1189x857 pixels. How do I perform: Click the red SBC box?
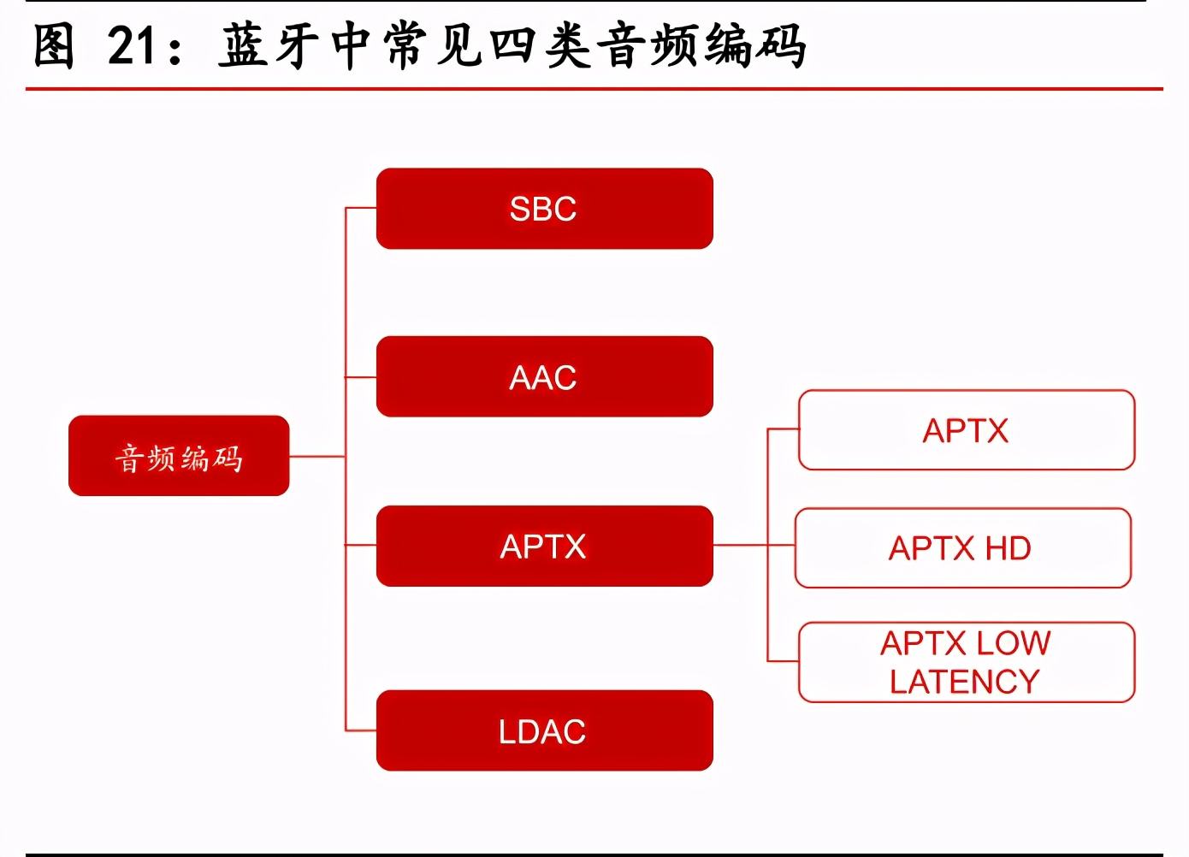[544, 209]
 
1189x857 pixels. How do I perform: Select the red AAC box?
[544, 376]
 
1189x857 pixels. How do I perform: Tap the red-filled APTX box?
[544, 546]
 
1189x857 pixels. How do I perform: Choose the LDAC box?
[544, 730]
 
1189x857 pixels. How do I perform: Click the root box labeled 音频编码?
[179, 456]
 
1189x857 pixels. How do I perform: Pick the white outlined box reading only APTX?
[966, 430]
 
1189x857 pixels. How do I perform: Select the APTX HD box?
[962, 548]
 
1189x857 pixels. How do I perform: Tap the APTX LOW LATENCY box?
[966, 662]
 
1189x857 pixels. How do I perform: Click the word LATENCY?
[964, 682]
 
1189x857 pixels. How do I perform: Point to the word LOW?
[1013, 643]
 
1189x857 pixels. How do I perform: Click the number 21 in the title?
[133, 46]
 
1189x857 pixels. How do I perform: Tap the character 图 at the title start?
[53, 46]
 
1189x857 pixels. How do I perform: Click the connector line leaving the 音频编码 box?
[316, 457]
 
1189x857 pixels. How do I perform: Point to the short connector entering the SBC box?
[361, 208]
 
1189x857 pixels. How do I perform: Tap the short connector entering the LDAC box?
[361, 730]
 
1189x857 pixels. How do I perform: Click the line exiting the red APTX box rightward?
[740, 545]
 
